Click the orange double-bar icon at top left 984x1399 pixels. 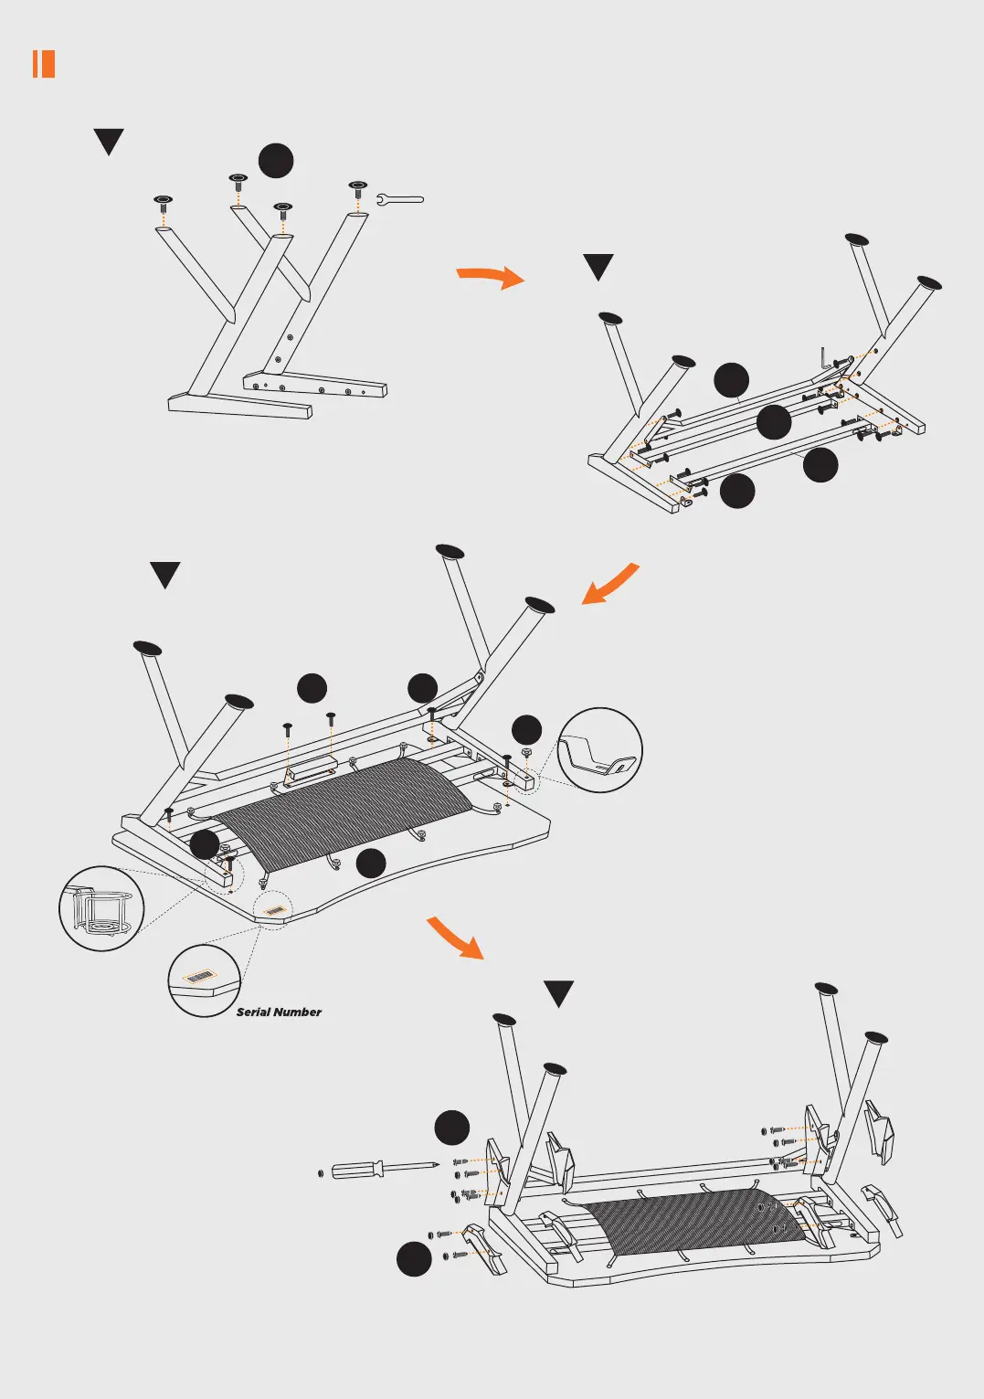(44, 64)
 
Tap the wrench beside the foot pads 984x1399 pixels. (400, 198)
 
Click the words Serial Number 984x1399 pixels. (279, 1012)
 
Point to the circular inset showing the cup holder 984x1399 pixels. (101, 908)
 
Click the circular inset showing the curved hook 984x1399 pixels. (599, 749)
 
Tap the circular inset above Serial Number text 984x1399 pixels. (205, 980)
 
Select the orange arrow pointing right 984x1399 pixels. (491, 276)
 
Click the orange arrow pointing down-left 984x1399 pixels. (609, 585)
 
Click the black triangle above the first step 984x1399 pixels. (109, 142)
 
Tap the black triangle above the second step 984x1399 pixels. (598, 267)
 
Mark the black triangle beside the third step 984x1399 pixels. (165, 575)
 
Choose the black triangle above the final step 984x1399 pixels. (558, 993)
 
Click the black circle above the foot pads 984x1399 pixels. (276, 160)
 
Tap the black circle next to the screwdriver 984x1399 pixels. (451, 1128)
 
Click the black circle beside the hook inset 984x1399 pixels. (526, 729)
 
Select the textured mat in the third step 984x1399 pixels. (343, 804)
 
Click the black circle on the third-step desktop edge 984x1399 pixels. (371, 864)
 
